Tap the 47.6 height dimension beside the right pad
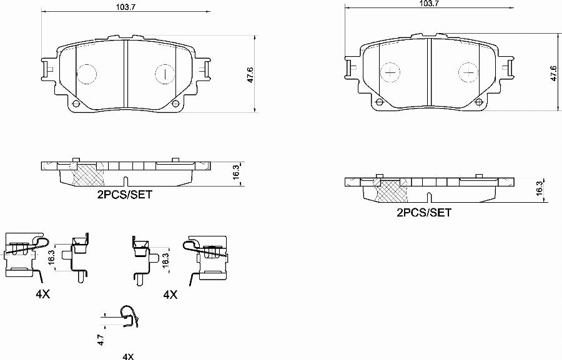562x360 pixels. coord(553,73)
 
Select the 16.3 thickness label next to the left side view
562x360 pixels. coord(235,173)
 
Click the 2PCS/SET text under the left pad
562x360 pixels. coord(124,194)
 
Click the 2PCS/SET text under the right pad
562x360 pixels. coord(423,212)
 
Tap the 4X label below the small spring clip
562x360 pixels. coord(128,356)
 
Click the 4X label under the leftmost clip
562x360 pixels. coord(42,294)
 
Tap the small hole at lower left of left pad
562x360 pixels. coord(75,104)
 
